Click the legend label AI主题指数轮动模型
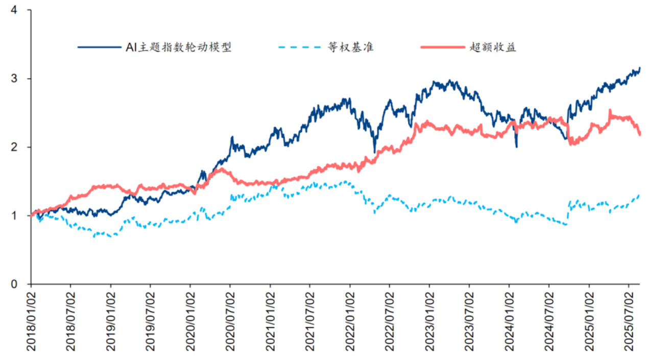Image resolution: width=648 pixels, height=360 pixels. click(x=179, y=47)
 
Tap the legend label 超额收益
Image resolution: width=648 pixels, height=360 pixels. click(x=493, y=47)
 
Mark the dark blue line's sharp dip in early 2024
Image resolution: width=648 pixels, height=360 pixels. click(x=516, y=147)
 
